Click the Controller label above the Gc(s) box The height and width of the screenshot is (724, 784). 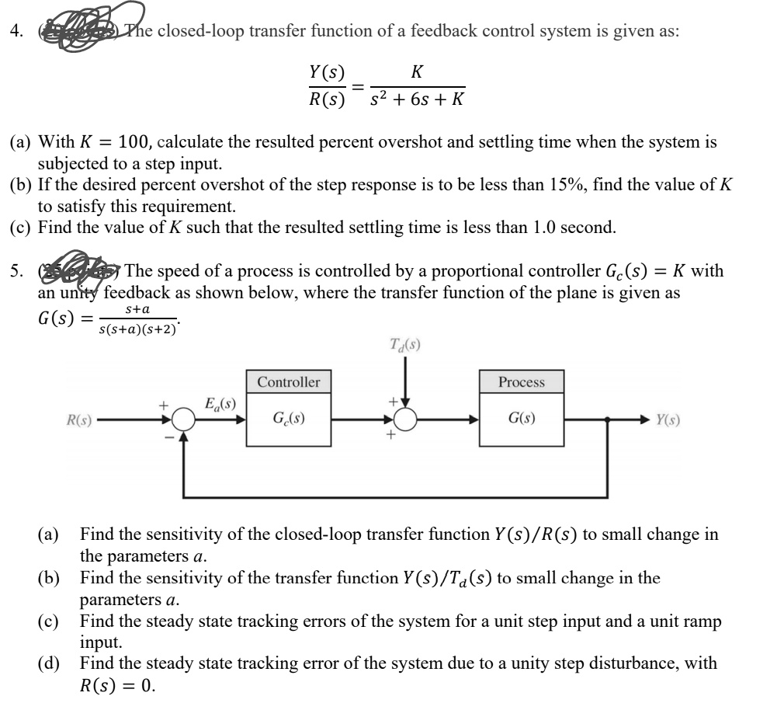[288, 382]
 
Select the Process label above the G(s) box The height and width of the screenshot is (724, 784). [522, 382]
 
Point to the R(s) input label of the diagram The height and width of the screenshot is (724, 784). [79, 420]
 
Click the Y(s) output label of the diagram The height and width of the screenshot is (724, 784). [670, 420]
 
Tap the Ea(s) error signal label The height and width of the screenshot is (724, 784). [220, 404]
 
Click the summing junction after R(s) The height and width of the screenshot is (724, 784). [184, 420]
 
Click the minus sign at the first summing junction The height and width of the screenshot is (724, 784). [165, 437]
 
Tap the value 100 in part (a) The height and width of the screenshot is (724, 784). [128, 143]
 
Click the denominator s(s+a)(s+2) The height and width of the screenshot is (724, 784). [138, 329]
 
